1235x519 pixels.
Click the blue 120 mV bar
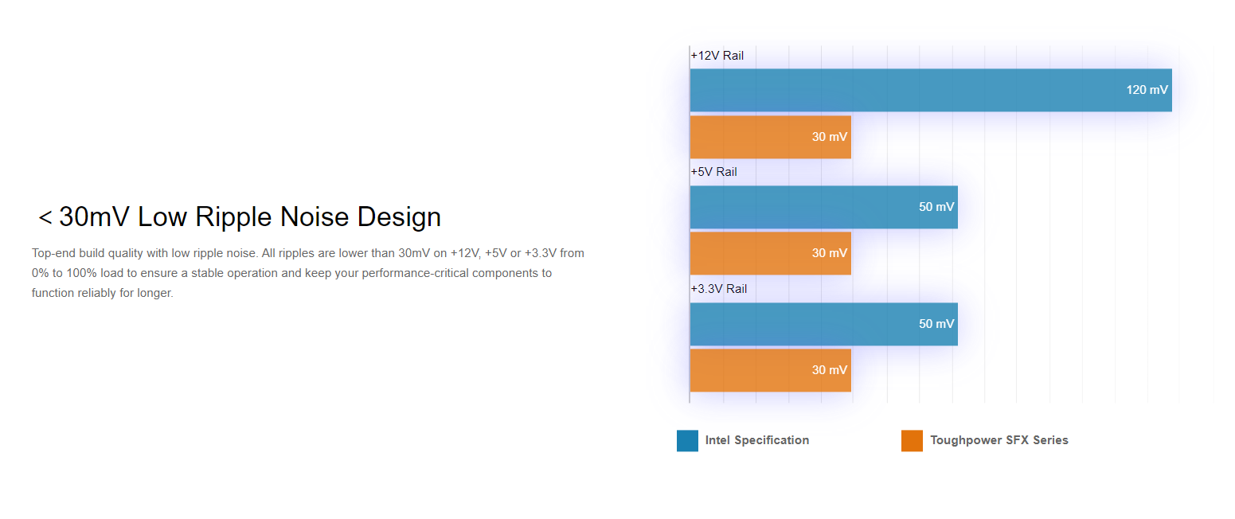pyautogui.click(x=931, y=91)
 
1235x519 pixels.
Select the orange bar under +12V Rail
pyautogui.click(x=770, y=137)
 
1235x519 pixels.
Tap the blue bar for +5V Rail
pyautogui.click(x=823, y=207)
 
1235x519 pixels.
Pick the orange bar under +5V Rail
pyautogui.click(x=770, y=253)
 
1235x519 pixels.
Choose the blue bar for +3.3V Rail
pyautogui.click(x=823, y=324)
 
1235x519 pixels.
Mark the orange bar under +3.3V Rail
pyautogui.click(x=770, y=370)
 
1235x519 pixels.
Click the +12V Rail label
pyautogui.click(x=717, y=56)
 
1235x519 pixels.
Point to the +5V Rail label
pyautogui.click(x=714, y=172)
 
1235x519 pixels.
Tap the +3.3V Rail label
pyautogui.click(x=719, y=289)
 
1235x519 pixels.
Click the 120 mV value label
pyautogui.click(x=1147, y=90)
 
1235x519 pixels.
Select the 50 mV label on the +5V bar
pyautogui.click(x=936, y=207)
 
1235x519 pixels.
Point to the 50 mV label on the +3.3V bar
pyautogui.click(x=936, y=323)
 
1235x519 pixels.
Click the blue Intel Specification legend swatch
pyautogui.click(x=687, y=441)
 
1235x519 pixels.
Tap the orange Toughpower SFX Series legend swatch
pyautogui.click(x=912, y=441)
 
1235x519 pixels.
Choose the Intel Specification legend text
pyautogui.click(x=757, y=440)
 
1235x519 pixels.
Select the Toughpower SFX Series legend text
pyautogui.click(x=999, y=440)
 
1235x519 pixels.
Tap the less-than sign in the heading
pyautogui.click(x=45, y=217)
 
